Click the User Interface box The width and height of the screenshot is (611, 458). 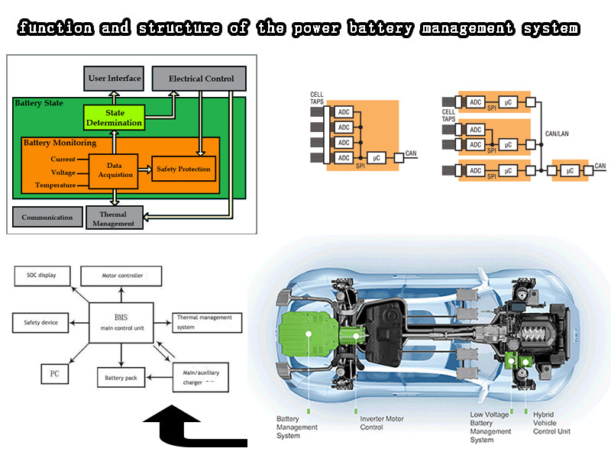click(x=113, y=78)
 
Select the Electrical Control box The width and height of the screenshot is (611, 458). click(x=199, y=78)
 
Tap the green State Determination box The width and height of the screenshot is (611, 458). click(x=113, y=118)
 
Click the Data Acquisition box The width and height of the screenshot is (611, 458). click(x=115, y=169)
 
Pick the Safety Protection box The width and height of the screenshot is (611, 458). click(x=183, y=169)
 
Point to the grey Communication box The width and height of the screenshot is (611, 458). click(x=47, y=217)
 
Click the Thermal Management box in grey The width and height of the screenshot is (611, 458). click(x=113, y=218)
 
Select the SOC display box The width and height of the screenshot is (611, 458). click(x=42, y=275)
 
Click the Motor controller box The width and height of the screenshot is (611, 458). click(x=122, y=275)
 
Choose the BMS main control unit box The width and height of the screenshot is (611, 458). click(x=122, y=322)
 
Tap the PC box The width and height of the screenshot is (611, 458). click(x=54, y=374)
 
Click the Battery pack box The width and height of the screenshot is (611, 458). click(x=121, y=378)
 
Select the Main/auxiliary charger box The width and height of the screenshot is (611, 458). click(x=196, y=378)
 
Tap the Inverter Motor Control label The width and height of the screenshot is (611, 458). click(x=382, y=423)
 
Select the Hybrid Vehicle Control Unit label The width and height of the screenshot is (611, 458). click(x=551, y=423)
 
